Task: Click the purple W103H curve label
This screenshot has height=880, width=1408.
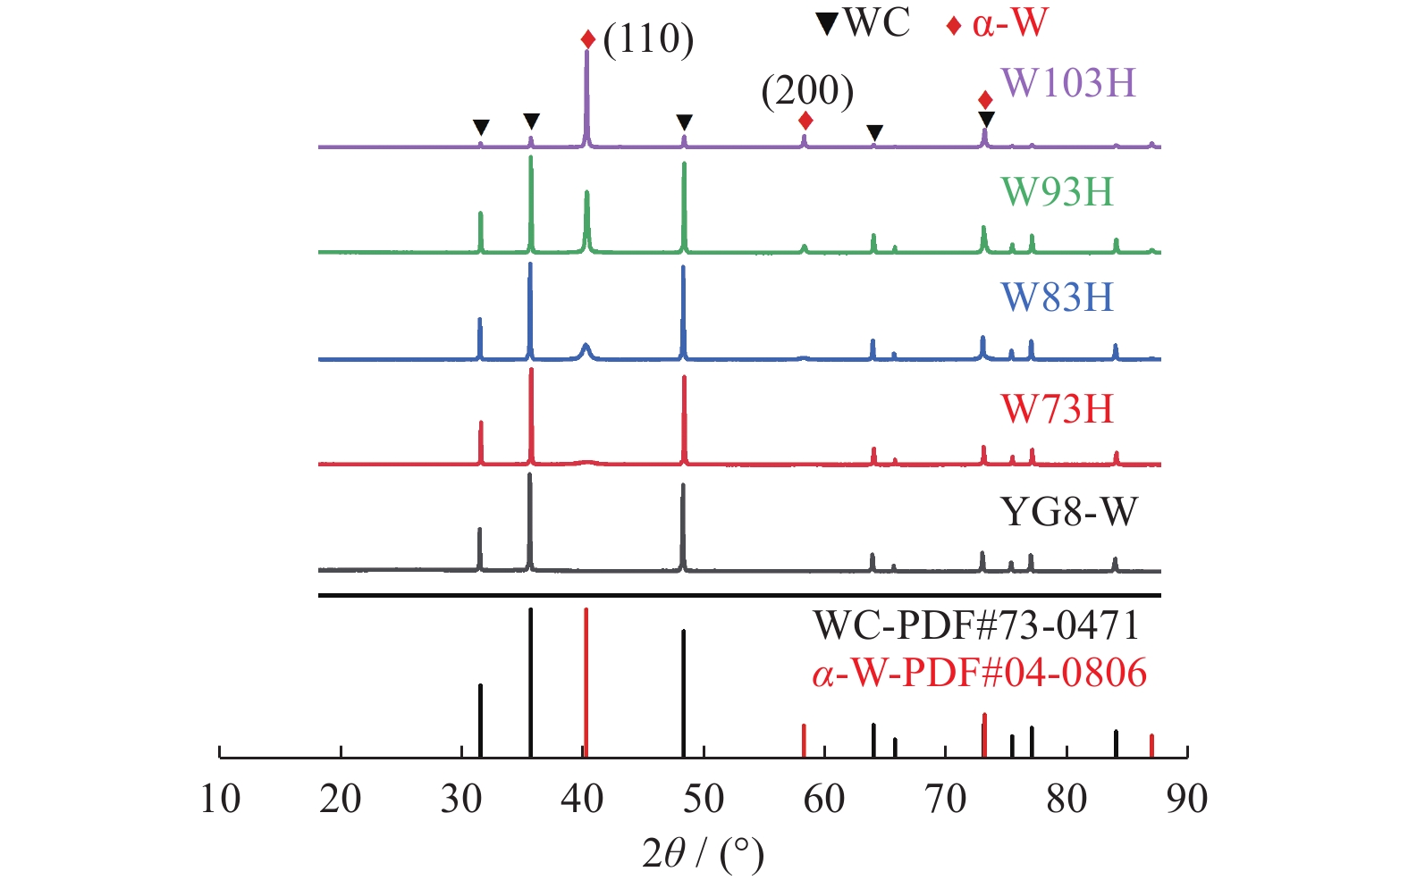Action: click(x=1068, y=83)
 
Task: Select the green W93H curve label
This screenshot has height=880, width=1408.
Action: click(x=1057, y=192)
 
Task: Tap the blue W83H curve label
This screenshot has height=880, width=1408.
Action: click(x=1057, y=298)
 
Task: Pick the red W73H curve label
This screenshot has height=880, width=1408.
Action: click(x=1057, y=409)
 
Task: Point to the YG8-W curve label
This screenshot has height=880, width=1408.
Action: click(x=1068, y=513)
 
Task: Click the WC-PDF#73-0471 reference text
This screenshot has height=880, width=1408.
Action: click(x=976, y=625)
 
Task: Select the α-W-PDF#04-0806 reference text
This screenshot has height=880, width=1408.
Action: click(x=979, y=673)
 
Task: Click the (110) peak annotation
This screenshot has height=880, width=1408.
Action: click(x=648, y=39)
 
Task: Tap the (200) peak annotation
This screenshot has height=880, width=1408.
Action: click(x=807, y=90)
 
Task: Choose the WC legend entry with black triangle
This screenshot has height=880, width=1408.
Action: click(x=864, y=22)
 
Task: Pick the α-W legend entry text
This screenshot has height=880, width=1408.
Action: click(x=1009, y=22)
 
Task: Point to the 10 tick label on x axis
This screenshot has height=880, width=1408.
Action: click(x=220, y=799)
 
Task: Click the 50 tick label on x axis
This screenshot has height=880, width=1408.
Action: click(x=704, y=799)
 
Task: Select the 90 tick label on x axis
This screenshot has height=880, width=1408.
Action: click(x=1186, y=799)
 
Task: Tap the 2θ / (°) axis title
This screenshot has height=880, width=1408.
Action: click(x=704, y=853)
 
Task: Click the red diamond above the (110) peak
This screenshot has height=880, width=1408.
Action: click(x=587, y=39)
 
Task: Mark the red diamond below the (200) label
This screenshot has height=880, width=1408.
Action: click(x=805, y=120)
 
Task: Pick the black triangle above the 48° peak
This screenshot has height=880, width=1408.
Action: click(x=684, y=122)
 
